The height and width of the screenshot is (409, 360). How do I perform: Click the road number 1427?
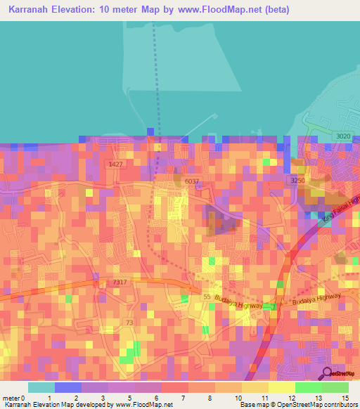coord(115,164)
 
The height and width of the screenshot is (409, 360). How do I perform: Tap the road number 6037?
coord(192,181)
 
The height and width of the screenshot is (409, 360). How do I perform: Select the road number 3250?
coord(297,181)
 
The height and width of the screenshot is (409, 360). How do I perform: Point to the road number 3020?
coord(342,136)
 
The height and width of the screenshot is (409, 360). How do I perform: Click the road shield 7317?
coord(120,283)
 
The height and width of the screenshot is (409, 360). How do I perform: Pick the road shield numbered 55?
coord(207,298)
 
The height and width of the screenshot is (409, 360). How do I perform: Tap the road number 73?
coord(129,322)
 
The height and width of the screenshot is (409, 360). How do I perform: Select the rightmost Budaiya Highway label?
coord(318,299)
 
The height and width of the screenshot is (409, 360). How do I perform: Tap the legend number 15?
coord(345,398)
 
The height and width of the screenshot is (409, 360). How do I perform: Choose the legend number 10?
coord(238,398)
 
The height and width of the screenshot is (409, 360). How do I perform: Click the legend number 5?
coord(131,398)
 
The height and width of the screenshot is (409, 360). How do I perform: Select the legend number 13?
coord(319,398)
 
